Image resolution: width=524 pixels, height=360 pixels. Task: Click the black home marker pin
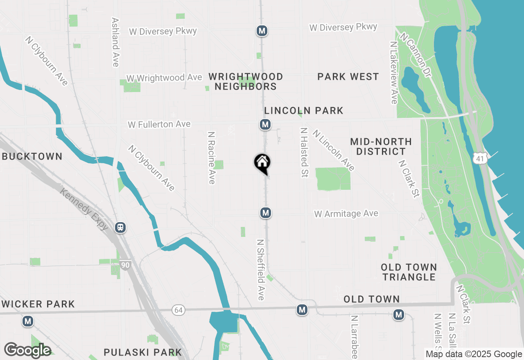click(x=262, y=163)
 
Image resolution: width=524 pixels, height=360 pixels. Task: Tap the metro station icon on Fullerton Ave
click(x=265, y=124)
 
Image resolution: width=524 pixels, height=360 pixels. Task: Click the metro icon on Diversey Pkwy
click(x=262, y=31)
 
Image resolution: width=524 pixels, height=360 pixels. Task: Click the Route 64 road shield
click(x=178, y=310)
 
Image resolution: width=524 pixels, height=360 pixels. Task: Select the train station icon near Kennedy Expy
click(x=120, y=227)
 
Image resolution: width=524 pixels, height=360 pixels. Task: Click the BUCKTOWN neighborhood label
click(x=32, y=156)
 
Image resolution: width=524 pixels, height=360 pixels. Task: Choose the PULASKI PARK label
click(x=142, y=352)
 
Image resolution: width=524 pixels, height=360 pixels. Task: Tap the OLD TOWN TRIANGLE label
click(x=409, y=272)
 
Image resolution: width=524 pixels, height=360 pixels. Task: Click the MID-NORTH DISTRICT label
click(x=381, y=146)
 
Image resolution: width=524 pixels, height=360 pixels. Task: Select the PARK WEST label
click(x=348, y=76)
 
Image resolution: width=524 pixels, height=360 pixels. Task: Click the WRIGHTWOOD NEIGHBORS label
click(x=246, y=81)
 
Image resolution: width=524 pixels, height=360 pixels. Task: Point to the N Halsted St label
click(x=303, y=152)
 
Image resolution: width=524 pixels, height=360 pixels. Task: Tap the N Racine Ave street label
click(x=212, y=157)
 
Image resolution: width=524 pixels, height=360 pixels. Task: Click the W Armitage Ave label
click(x=346, y=214)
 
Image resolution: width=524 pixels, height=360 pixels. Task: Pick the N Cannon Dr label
click(x=416, y=55)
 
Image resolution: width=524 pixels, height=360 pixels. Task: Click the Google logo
click(x=28, y=350)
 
